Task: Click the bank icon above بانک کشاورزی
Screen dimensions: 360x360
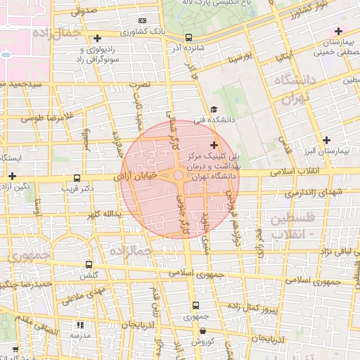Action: tap(143, 21)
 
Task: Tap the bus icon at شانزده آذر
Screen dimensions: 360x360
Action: tap(188, 37)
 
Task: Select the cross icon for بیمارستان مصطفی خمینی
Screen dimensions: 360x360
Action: tap(338, 31)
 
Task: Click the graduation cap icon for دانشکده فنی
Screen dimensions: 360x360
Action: tap(212, 110)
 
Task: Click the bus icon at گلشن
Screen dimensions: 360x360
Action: tap(89, 265)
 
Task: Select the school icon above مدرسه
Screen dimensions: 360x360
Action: tap(79, 325)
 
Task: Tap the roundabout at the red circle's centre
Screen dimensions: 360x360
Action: tap(179, 175)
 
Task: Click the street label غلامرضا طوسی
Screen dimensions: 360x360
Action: tap(46, 117)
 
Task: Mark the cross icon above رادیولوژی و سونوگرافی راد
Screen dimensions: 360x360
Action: tap(96, 37)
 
